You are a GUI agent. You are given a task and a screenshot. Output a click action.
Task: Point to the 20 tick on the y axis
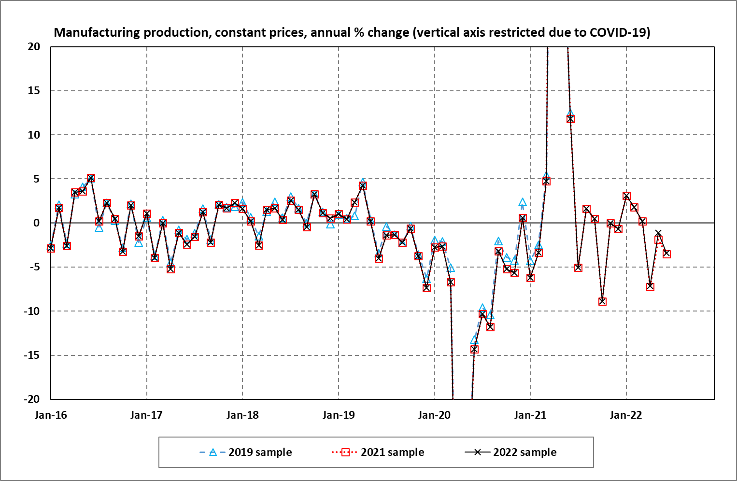[x=34, y=47]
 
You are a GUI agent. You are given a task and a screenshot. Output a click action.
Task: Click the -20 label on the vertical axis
[x=32, y=399]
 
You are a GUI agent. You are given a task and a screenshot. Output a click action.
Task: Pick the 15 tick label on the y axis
[x=34, y=91]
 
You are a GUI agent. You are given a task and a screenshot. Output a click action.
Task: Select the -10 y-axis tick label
[x=32, y=311]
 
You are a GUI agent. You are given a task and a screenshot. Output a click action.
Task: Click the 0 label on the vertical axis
[x=37, y=223]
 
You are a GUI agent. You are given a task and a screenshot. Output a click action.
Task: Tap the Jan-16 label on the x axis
[x=51, y=415]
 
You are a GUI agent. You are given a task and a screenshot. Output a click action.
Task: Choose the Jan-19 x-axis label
[x=339, y=415]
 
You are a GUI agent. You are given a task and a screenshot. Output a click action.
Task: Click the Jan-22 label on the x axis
[x=626, y=415]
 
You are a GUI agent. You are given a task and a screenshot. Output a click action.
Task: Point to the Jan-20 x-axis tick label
[x=434, y=415]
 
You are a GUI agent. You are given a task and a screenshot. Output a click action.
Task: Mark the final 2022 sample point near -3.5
[x=666, y=254]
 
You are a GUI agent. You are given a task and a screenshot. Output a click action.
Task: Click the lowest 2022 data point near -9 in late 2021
[x=602, y=301]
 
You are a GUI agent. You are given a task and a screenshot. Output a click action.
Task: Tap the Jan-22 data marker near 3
[x=626, y=196]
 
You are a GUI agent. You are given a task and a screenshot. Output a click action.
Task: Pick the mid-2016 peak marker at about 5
[x=91, y=178]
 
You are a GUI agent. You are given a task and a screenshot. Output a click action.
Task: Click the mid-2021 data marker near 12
[x=570, y=119]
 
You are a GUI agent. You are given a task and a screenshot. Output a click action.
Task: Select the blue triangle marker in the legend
[x=213, y=453]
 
